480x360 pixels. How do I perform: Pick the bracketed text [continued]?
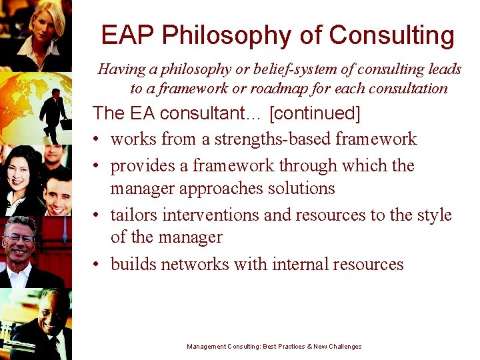point(315,114)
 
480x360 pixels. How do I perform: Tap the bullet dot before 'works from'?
point(97,139)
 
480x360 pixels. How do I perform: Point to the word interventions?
point(207,215)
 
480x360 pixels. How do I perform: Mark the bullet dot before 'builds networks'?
point(97,265)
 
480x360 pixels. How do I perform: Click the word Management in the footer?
point(206,347)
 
